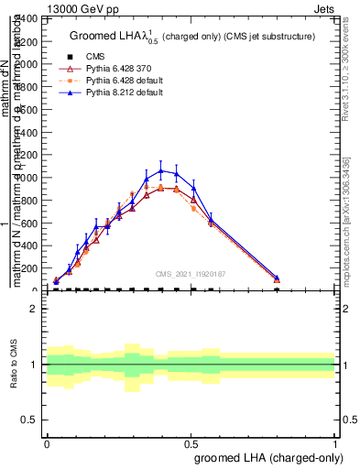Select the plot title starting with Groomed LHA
point(192,37)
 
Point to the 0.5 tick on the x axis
point(191,443)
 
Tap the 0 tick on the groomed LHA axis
point(47,443)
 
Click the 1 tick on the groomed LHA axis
point(334,443)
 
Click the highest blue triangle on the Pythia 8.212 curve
point(161,170)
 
